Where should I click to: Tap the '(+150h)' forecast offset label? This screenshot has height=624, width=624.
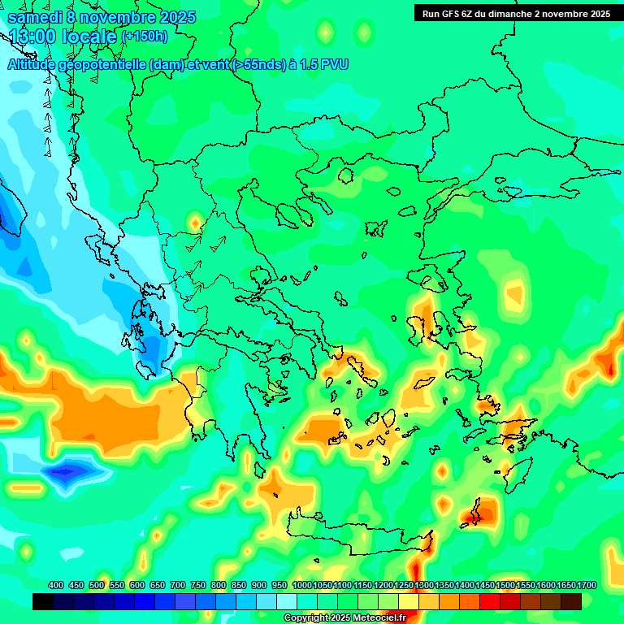pos(144,37)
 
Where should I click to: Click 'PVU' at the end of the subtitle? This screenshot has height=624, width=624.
pos(334,65)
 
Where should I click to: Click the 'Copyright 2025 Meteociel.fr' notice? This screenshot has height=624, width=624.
pos(344,618)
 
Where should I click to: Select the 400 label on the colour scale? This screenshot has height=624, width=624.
pos(56,586)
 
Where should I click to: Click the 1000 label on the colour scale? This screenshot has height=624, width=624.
pos(302,586)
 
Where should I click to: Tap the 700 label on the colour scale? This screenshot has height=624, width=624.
pos(178,586)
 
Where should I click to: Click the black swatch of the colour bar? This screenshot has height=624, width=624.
pos(43,601)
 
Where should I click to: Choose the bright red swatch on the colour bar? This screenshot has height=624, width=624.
pos(490,601)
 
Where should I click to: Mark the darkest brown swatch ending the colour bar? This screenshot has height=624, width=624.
pos(571,601)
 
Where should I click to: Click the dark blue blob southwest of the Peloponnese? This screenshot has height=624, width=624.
pos(69,470)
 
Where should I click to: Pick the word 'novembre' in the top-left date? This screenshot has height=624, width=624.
pos(115,17)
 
